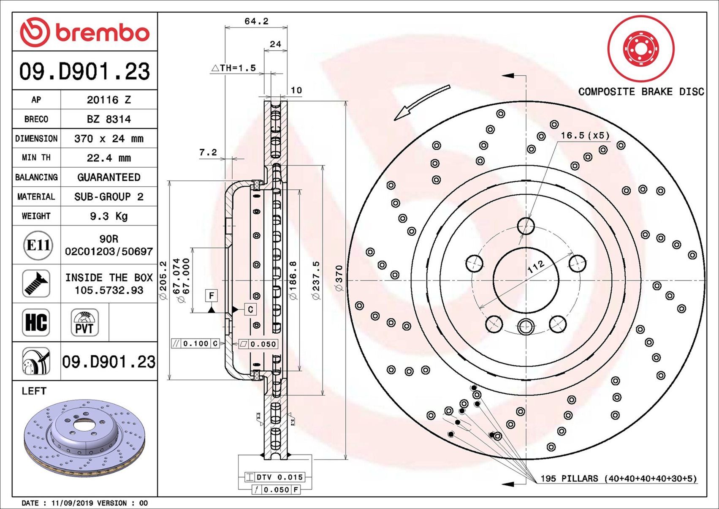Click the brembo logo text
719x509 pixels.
tap(102, 33)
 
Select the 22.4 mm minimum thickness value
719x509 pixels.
tap(109, 158)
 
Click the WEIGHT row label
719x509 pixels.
tap(36, 216)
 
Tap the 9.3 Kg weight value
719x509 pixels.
tap(109, 216)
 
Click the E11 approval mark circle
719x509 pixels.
tap(38, 245)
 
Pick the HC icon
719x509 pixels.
tap(36, 322)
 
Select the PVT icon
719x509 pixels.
tap(84, 322)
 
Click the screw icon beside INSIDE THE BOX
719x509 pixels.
tap(36, 283)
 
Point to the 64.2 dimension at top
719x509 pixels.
tap(256, 21)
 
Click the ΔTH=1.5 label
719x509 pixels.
tap(233, 68)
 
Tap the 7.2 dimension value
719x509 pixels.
tap(208, 152)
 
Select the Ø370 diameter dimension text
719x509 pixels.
tap(339, 278)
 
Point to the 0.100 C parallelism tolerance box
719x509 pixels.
tap(195, 343)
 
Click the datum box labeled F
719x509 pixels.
tap(212, 295)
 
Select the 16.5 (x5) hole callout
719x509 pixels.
tap(585, 135)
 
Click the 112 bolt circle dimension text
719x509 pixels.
tap(535, 267)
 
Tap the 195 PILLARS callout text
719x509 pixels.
tap(618, 479)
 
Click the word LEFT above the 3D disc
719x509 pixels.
tap(34, 391)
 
